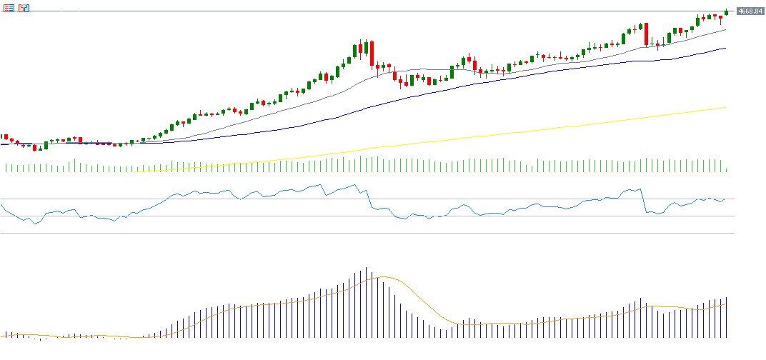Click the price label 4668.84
[750, 11]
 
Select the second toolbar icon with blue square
[24, 8]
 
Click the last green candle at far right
[726, 11]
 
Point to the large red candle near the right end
[646, 34]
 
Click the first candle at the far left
[2, 136]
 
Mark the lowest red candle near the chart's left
[34, 148]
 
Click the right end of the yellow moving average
[725, 107]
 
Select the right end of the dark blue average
[725, 48]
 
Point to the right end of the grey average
[725, 30]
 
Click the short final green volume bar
[726, 170]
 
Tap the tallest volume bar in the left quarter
[75, 166]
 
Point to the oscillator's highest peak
[355, 185]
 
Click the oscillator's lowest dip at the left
[34, 224]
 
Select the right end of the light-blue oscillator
[725, 199]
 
